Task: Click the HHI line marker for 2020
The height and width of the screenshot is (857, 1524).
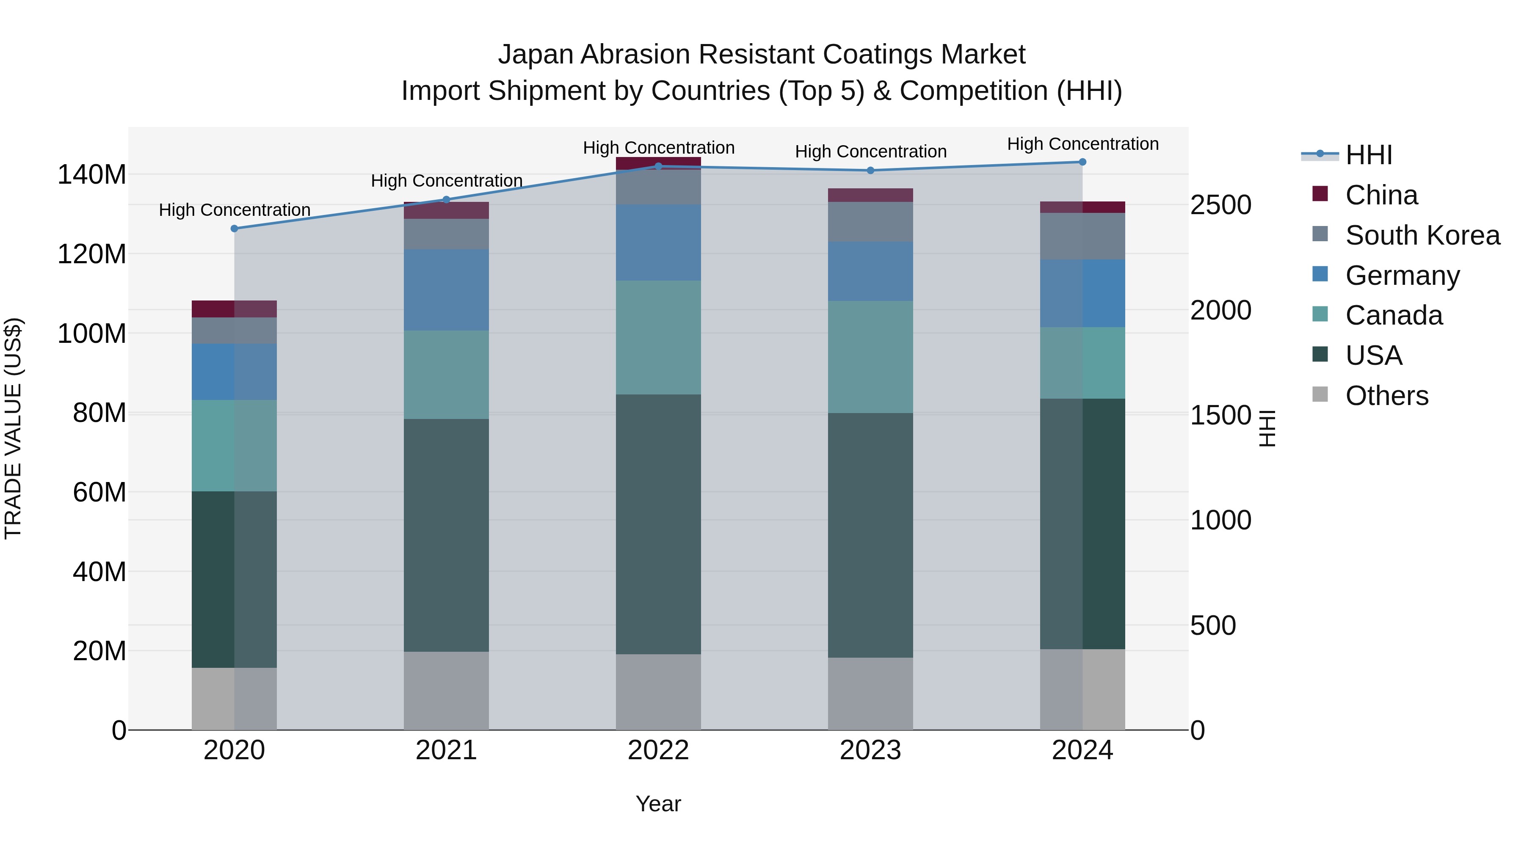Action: click(x=234, y=228)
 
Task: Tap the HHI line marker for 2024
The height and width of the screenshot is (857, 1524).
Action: click(x=1082, y=162)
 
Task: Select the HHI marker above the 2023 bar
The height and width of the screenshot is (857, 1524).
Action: click(x=870, y=170)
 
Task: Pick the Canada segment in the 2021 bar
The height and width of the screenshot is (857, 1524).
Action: click(x=446, y=375)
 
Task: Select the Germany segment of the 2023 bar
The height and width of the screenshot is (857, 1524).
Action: click(x=870, y=271)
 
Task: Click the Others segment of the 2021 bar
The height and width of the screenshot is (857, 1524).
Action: click(x=446, y=690)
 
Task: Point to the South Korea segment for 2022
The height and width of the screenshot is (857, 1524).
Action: click(x=658, y=187)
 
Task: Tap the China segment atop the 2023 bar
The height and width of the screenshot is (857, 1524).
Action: click(x=870, y=195)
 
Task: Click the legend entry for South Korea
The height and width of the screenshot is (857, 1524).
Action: click(x=1422, y=235)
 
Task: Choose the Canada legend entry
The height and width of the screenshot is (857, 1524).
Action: click(x=1394, y=316)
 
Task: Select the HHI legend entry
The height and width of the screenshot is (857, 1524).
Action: click(x=1368, y=155)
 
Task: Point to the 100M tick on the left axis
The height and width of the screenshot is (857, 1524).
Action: click(x=92, y=333)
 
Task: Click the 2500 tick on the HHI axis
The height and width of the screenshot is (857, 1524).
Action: click(x=1220, y=205)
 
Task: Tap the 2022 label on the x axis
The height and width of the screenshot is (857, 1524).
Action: click(x=658, y=750)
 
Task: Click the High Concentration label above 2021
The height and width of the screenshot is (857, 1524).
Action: click(x=447, y=180)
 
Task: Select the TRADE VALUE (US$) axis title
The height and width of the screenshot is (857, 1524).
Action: click(x=13, y=428)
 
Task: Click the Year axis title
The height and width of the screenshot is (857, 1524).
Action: click(x=658, y=804)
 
